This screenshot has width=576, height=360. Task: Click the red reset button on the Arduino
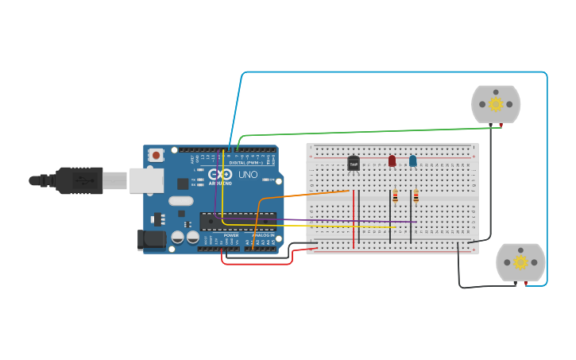tap(157, 154)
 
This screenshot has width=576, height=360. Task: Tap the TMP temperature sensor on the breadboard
tap(354, 163)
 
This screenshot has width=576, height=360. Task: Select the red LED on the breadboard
tap(392, 161)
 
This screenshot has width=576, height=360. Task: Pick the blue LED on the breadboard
tap(412, 161)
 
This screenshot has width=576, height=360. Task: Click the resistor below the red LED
tap(395, 197)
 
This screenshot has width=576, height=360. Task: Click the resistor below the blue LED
tap(416, 196)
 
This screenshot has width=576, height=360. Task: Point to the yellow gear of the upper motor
tap(496, 104)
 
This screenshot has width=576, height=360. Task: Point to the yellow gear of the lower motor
tap(520, 262)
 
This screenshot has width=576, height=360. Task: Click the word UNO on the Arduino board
tap(248, 174)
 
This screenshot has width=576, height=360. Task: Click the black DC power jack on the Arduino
tap(151, 238)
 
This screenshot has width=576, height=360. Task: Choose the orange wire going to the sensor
tap(302, 195)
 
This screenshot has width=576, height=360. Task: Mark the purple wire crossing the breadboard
tap(334, 220)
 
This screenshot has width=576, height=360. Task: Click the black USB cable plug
tap(79, 180)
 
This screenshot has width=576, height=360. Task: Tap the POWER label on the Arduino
tap(231, 235)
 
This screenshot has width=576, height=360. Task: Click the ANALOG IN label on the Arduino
tap(263, 235)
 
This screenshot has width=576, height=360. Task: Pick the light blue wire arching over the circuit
tap(397, 72)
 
